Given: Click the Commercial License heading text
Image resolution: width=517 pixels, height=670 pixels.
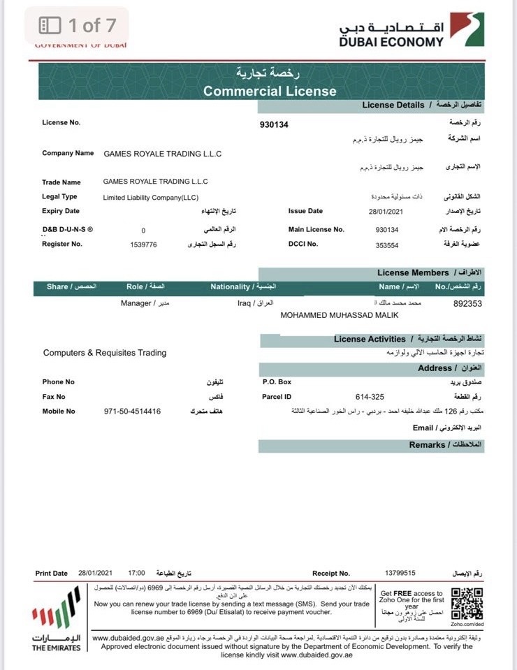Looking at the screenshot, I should pyautogui.click(x=270, y=91).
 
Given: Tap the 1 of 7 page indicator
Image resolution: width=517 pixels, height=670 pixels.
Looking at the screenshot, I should pyautogui.click(x=78, y=26).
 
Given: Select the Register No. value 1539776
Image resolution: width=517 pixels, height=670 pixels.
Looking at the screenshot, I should pyautogui.click(x=144, y=244).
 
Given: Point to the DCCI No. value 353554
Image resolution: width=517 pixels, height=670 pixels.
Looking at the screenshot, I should pyautogui.click(x=386, y=244).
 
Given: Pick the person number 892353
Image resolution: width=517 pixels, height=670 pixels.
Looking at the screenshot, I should pyautogui.click(x=467, y=304).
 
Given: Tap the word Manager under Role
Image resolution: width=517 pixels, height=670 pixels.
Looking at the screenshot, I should pyautogui.click(x=136, y=304).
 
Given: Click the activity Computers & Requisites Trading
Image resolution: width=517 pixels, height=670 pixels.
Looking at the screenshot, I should pyautogui.click(x=105, y=353).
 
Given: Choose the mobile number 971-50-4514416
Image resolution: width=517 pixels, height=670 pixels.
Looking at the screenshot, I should pyautogui.click(x=132, y=412).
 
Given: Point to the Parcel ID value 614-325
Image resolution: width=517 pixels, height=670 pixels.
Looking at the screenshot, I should pyautogui.click(x=370, y=397).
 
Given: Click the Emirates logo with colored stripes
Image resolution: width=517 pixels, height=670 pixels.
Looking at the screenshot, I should pyautogui.click(x=56, y=610).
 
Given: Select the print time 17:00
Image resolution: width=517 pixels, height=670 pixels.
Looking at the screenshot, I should pyautogui.click(x=137, y=573).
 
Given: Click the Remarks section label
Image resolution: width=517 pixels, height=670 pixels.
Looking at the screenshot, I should pyautogui.click(x=427, y=445).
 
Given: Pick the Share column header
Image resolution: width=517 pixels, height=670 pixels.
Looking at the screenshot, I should pyautogui.click(x=57, y=286).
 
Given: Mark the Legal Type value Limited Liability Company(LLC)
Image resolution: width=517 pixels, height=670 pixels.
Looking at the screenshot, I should pyautogui.click(x=151, y=198).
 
